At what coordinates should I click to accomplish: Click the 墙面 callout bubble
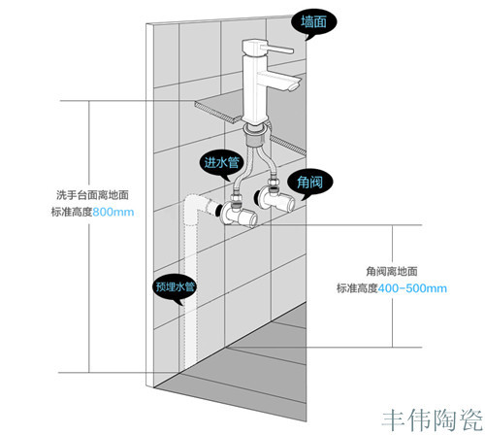point(314,22)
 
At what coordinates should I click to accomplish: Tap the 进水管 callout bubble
point(222,163)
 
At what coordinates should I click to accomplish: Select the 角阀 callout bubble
point(309,183)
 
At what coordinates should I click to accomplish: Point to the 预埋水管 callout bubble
point(175,286)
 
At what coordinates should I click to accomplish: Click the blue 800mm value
point(113,213)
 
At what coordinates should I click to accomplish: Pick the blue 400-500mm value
point(412,288)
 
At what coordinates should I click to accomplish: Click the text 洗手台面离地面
point(92,195)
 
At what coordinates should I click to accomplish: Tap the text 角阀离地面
point(392,271)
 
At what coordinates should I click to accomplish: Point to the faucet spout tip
point(294,86)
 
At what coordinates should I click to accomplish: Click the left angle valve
point(238,213)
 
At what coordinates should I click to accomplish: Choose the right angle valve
point(275,197)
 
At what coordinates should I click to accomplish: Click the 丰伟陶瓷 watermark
point(433,420)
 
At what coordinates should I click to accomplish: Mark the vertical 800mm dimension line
point(89,237)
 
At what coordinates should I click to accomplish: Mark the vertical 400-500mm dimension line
point(393,286)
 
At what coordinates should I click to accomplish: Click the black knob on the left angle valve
point(218,211)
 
